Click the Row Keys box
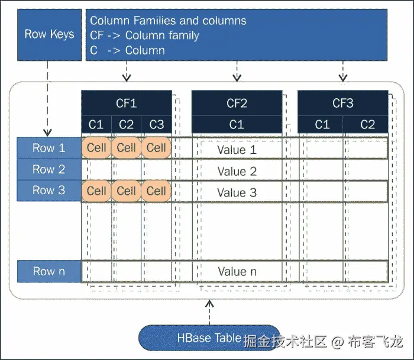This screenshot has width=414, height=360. [x=49, y=34]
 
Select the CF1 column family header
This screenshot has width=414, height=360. [x=126, y=104]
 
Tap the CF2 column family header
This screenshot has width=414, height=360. [x=237, y=104]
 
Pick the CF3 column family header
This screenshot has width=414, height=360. [x=342, y=104]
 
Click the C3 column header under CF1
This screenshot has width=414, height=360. [x=157, y=124]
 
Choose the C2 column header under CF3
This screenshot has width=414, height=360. [x=367, y=124]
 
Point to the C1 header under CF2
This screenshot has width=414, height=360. [x=237, y=124]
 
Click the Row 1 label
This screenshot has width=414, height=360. [x=49, y=148]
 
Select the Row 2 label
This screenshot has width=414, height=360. [x=49, y=169]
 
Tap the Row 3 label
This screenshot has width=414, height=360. [x=49, y=191]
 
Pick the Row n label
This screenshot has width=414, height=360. [x=49, y=271]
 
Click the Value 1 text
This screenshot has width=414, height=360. [x=237, y=150]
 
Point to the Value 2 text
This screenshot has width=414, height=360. [x=237, y=172]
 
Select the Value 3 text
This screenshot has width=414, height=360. [x=237, y=192]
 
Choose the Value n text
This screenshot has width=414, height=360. [x=237, y=271]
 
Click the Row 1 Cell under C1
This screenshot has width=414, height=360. [x=96, y=147]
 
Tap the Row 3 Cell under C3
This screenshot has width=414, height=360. [x=156, y=191]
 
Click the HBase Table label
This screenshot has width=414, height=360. [x=209, y=338]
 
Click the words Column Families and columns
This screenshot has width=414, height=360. [x=168, y=21]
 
